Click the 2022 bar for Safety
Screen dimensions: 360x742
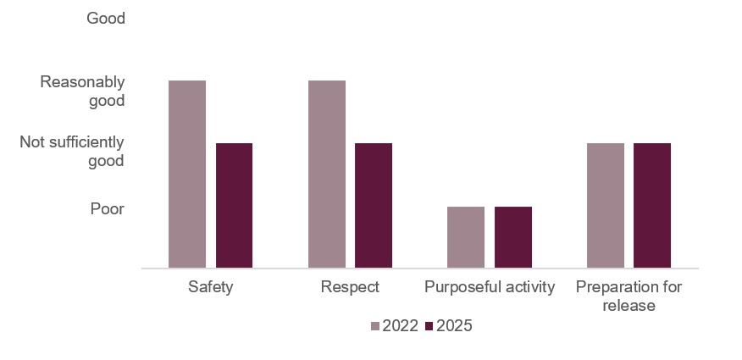click(187, 174)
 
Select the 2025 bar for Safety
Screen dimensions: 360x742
click(234, 205)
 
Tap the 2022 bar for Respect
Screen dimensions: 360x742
click(327, 174)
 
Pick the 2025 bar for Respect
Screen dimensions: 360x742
click(374, 205)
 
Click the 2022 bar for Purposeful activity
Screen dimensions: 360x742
click(466, 237)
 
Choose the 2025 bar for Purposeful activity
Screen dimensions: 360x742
click(513, 237)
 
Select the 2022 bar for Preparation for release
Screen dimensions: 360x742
click(606, 205)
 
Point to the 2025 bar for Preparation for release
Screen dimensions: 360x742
click(652, 205)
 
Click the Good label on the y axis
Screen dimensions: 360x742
click(106, 18)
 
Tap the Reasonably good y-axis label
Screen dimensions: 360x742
click(83, 91)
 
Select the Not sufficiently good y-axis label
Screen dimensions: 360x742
click(73, 152)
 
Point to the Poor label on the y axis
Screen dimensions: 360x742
click(108, 208)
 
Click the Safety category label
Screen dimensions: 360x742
click(211, 286)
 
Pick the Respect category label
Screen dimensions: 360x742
click(350, 286)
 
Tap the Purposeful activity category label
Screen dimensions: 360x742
click(490, 286)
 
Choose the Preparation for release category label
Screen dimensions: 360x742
click(628, 296)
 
